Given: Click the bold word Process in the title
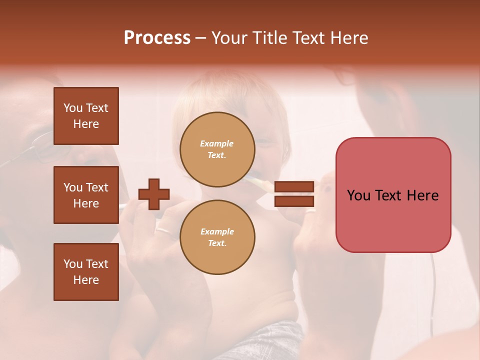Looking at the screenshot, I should [x=157, y=38].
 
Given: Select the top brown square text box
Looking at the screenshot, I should [x=86, y=116].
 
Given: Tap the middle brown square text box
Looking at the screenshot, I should [x=86, y=195].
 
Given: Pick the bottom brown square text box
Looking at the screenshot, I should [x=86, y=271].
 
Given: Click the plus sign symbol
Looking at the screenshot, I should [x=154, y=194].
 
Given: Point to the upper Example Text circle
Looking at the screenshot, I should [x=217, y=149].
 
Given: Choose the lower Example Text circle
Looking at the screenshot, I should [x=217, y=237].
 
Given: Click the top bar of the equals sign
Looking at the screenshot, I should [x=294, y=187].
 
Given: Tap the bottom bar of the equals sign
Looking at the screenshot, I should [x=294, y=201].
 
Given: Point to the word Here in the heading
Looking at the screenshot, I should [x=348, y=38].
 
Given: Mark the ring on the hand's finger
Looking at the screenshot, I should [x=163, y=230].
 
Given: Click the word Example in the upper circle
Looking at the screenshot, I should [x=217, y=143].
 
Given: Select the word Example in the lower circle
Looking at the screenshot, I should [x=217, y=231].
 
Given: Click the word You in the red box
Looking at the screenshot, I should [x=358, y=195].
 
